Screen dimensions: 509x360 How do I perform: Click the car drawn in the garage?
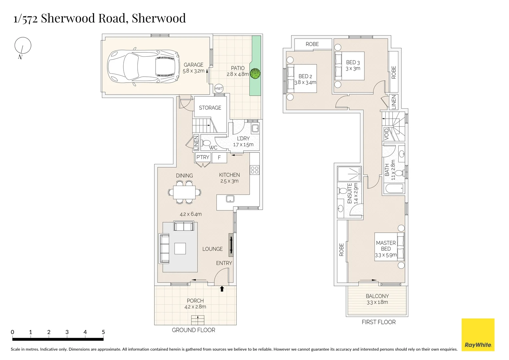point(143,67)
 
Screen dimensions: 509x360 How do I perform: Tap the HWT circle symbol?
point(219,88)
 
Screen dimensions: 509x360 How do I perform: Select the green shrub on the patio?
point(255,74)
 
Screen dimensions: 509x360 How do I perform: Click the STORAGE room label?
point(210,108)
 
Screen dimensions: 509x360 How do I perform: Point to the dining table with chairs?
point(184,192)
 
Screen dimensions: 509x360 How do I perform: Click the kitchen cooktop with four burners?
point(255,170)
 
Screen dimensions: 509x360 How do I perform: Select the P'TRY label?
point(203,157)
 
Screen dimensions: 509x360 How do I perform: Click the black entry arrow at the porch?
point(222,289)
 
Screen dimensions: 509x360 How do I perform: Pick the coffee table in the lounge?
point(180,248)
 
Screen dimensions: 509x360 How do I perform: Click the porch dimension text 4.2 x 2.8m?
point(195,307)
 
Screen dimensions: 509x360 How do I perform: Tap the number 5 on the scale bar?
point(103,332)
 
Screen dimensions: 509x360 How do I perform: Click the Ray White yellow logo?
point(478,335)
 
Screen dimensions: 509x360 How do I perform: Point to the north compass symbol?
point(23,45)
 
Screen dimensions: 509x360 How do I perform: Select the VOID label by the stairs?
point(387,134)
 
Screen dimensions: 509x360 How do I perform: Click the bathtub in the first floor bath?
point(394,188)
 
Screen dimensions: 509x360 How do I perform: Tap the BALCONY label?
point(377,296)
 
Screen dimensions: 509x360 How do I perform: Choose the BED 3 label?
point(353,62)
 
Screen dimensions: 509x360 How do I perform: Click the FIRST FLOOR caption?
point(379,322)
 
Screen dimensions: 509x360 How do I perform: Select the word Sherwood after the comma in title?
point(159,18)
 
